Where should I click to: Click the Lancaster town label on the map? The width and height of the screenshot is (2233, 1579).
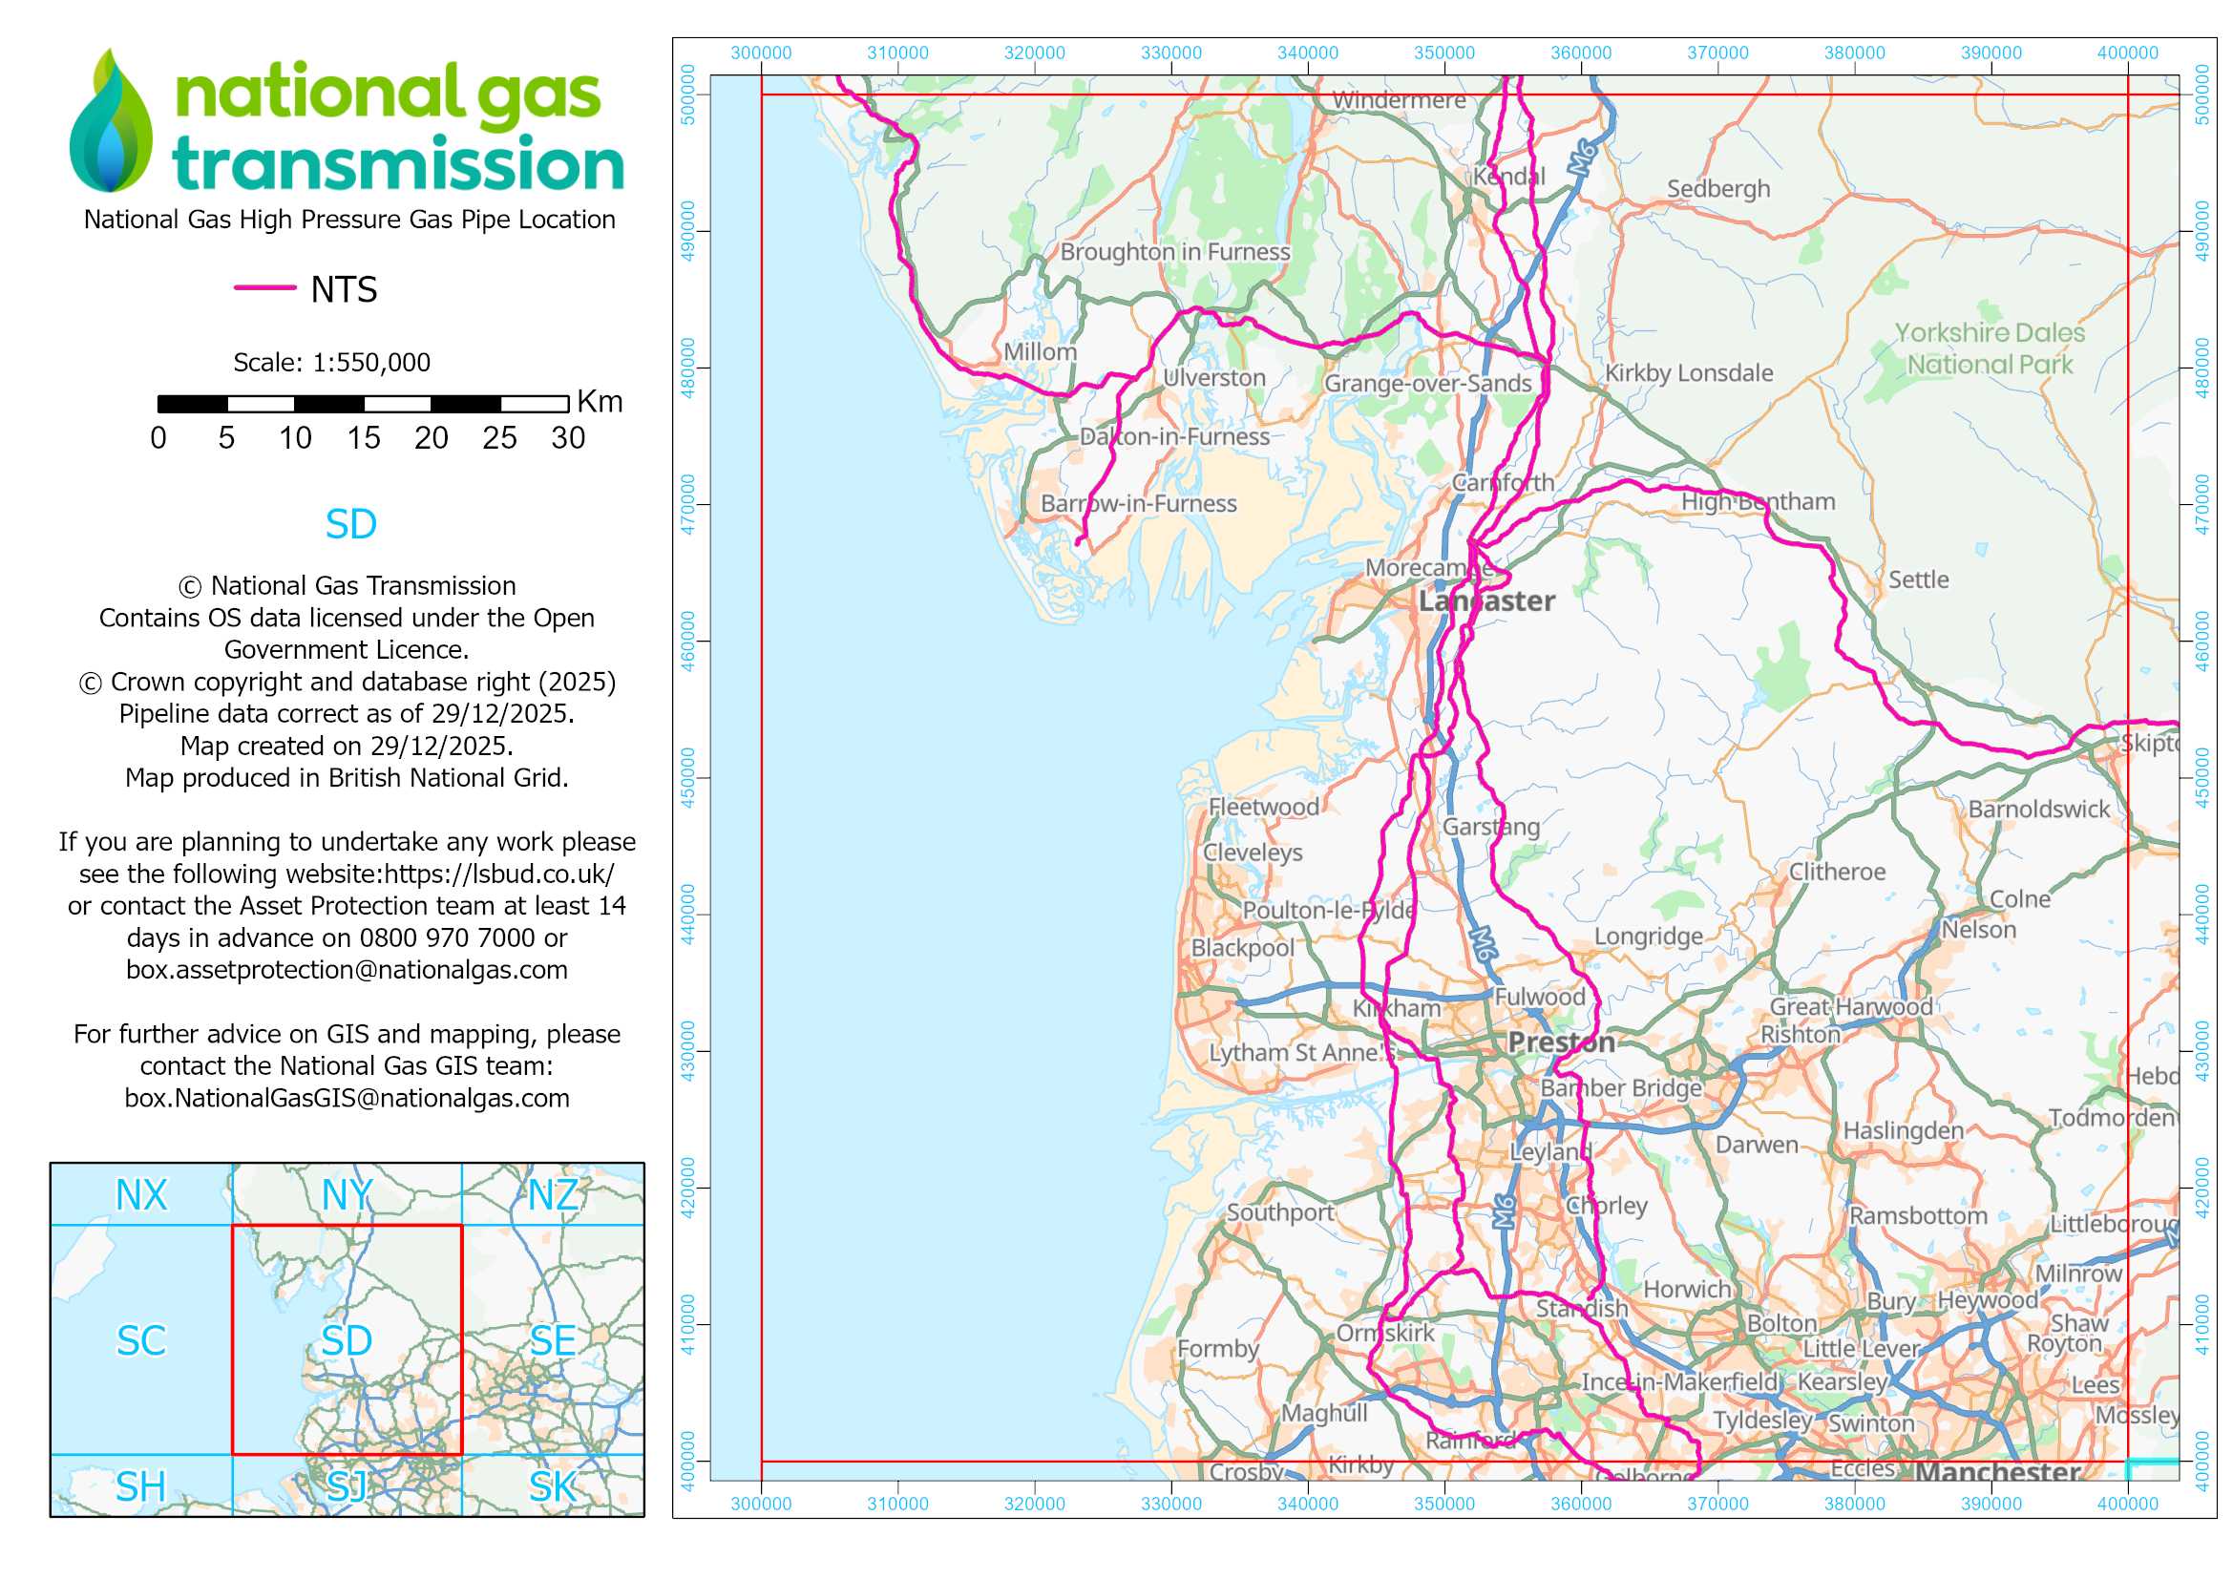point(1486,600)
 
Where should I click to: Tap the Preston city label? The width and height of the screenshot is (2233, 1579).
point(1561,1042)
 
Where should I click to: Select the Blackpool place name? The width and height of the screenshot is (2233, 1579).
point(1242,948)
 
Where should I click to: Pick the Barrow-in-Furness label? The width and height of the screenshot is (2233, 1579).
point(1138,504)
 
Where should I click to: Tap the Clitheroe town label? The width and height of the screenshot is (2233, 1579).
point(1836,873)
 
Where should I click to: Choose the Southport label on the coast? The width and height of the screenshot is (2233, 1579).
point(1280,1212)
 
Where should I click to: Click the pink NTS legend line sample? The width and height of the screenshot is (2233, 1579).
point(264,287)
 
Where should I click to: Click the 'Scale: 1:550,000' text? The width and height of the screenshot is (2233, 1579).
point(331,363)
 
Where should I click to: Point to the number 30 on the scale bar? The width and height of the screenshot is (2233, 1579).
point(568,438)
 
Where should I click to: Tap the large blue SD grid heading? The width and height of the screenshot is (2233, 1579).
point(351,525)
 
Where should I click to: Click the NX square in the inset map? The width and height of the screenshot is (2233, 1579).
point(141,1196)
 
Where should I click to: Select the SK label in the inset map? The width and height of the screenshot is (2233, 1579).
point(553,1486)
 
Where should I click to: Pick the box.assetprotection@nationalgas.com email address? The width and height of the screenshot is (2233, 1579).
point(347,970)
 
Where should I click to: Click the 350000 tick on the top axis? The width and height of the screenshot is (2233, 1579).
point(1444,53)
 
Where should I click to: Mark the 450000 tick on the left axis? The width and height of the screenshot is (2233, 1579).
point(689,778)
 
